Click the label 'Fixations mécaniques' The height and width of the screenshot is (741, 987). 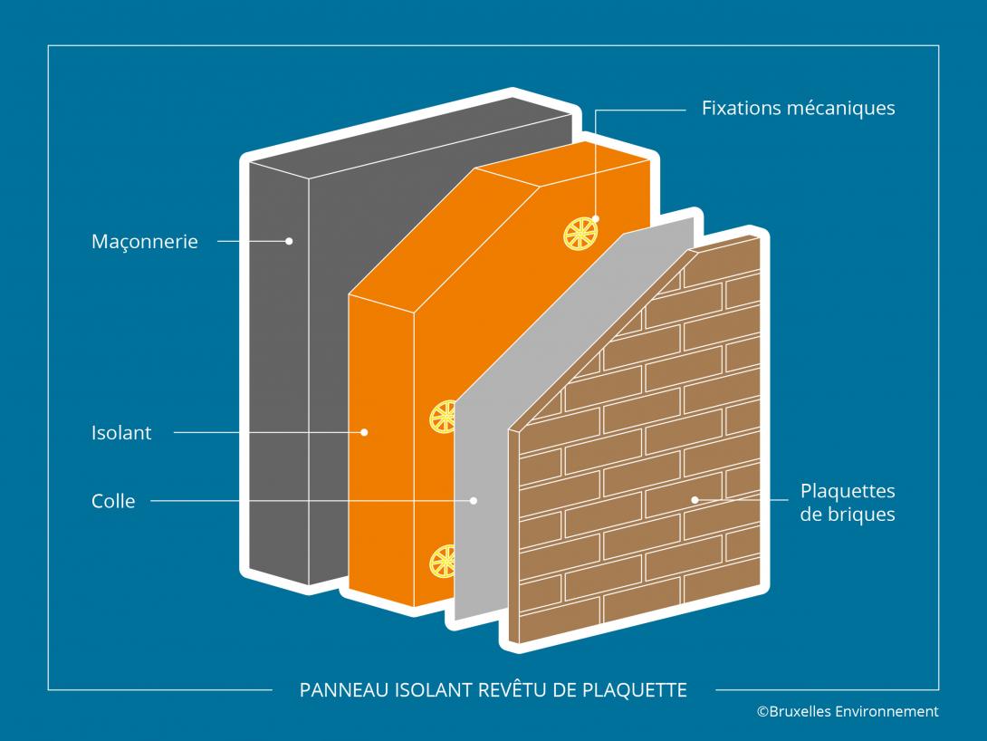[798, 108]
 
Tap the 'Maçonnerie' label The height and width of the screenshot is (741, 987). [145, 242]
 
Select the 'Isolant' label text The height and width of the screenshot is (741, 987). [121, 433]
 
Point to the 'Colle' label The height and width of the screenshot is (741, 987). [113, 501]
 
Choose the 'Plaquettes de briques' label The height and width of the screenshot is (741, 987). [848, 503]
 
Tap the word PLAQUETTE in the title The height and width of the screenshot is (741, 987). [641, 690]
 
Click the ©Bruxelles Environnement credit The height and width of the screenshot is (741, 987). [848, 712]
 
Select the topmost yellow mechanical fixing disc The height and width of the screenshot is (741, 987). [580, 233]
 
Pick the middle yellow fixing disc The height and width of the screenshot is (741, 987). [443, 417]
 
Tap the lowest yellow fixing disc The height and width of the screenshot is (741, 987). [444, 561]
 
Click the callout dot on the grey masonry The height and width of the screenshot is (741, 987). [289, 241]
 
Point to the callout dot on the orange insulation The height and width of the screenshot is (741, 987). [364, 433]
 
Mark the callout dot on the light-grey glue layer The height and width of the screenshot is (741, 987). [473, 500]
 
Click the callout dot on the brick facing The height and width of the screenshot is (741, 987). [695, 499]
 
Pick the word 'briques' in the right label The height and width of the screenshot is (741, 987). [858, 515]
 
